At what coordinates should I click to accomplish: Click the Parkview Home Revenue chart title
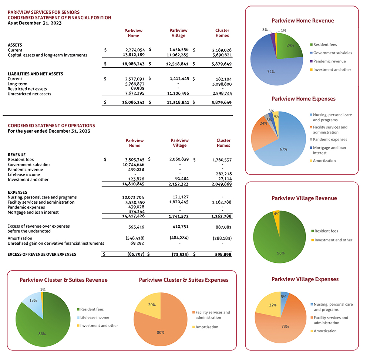(x=302, y=21)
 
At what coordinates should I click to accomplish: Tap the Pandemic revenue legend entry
(x=329, y=61)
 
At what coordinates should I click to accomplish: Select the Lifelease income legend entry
(x=94, y=317)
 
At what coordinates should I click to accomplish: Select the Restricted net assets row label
(x=27, y=89)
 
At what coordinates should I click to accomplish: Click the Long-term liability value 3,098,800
(x=222, y=84)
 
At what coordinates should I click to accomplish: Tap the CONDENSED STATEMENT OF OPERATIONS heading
(x=51, y=126)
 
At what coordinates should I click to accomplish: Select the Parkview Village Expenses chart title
(x=302, y=279)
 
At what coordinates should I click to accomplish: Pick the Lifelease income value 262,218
(x=222, y=174)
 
